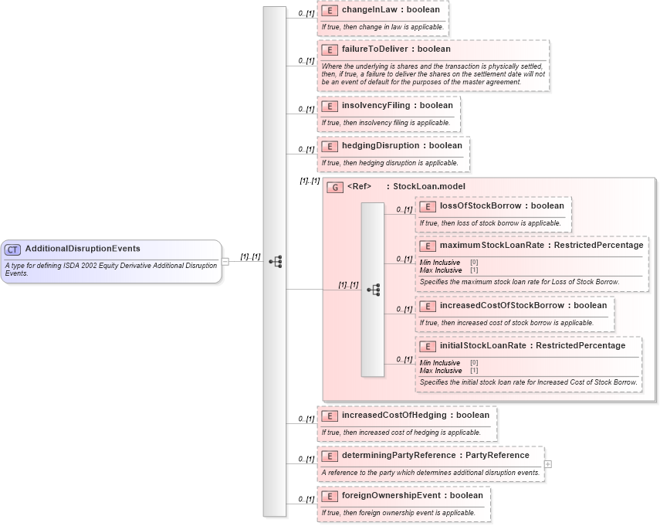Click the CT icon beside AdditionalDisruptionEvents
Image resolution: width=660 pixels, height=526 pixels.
(x=12, y=249)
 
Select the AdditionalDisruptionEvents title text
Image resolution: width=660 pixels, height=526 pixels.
(x=83, y=249)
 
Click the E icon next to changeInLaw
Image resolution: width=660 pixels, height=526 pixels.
(x=330, y=10)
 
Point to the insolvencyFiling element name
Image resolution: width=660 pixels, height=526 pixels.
(x=377, y=105)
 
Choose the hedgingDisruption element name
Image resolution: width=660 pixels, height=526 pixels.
(x=380, y=145)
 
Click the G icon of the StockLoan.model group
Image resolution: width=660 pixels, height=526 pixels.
(x=335, y=187)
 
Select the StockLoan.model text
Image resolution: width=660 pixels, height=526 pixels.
(x=429, y=186)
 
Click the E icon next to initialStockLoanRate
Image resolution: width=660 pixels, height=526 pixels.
(x=428, y=346)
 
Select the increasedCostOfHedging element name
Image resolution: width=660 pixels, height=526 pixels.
(x=394, y=415)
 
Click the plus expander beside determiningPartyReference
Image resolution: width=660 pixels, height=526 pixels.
(x=548, y=463)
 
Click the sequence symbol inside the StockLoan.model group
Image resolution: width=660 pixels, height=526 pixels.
(x=374, y=290)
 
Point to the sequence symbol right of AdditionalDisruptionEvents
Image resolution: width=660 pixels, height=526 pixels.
(x=275, y=262)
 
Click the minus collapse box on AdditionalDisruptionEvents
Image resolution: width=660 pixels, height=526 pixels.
(x=225, y=261)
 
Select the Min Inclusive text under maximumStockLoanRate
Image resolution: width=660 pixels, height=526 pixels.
(x=440, y=263)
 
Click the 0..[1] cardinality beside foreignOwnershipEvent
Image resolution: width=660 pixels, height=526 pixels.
(x=306, y=500)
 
